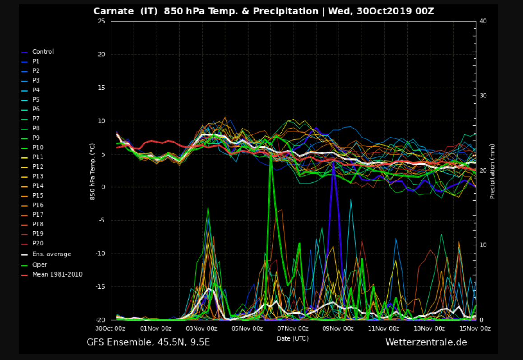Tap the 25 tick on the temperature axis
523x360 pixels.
(x=102, y=21)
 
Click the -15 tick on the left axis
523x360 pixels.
(x=100, y=286)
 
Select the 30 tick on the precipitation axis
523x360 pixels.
(x=483, y=96)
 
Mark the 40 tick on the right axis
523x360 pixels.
(x=483, y=21)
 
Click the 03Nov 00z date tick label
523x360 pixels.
(x=201, y=329)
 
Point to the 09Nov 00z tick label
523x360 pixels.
(x=338, y=329)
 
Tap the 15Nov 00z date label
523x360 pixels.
(x=475, y=329)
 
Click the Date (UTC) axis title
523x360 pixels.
(x=293, y=339)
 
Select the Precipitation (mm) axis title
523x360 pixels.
(x=492, y=171)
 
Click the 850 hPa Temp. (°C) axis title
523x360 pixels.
(x=93, y=172)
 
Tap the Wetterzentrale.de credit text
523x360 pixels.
(x=426, y=342)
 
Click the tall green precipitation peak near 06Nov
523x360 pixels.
(x=271, y=155)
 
